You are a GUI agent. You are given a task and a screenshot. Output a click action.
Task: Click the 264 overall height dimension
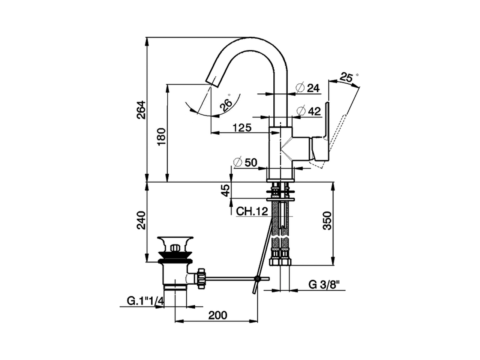click(x=140, y=110)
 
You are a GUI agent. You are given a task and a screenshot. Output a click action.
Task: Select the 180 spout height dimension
click(x=160, y=137)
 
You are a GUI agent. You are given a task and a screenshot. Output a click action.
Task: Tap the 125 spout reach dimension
click(x=241, y=127)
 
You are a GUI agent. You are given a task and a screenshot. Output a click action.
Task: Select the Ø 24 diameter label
click(x=308, y=88)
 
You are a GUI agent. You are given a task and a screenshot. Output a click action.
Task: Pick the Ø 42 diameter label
click(x=309, y=111)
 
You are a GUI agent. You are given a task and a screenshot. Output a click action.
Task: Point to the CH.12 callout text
click(x=252, y=211)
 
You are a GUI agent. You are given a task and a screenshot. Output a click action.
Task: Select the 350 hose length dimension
click(x=327, y=220)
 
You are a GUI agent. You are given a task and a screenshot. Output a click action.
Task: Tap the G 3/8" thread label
click(x=324, y=284)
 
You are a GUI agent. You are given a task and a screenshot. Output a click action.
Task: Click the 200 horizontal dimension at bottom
click(x=217, y=315)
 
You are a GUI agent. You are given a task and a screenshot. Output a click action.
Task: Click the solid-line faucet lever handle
click(x=326, y=120)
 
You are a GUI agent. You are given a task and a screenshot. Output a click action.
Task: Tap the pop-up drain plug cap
click(x=175, y=239)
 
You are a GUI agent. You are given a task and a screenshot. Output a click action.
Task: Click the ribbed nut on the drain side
click(x=201, y=278)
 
